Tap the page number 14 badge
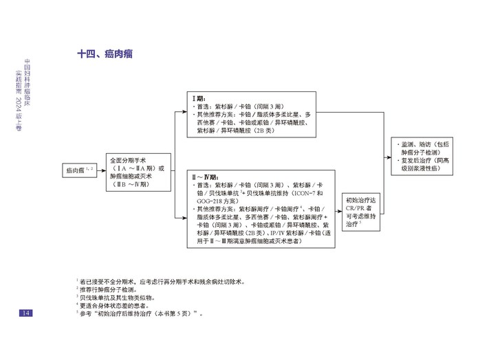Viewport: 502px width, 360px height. (x=25, y=313)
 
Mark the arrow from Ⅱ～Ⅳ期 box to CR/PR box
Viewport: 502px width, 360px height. (x=334, y=210)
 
